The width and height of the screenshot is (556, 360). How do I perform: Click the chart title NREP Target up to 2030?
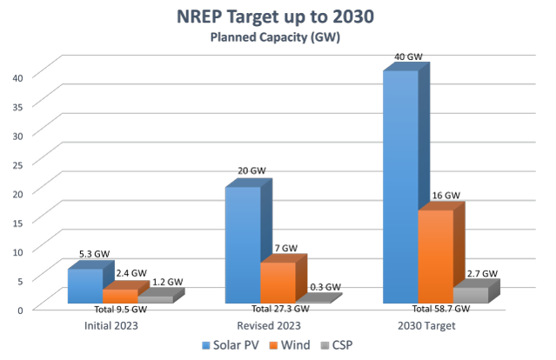278,17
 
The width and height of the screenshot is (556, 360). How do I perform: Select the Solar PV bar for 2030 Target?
400,187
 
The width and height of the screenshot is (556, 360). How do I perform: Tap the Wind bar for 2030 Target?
435,257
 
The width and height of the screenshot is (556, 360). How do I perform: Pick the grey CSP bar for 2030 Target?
471,295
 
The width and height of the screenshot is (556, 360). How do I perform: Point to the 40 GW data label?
408,57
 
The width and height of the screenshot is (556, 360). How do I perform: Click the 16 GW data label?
445,197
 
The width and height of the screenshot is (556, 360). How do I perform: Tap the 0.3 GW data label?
325,287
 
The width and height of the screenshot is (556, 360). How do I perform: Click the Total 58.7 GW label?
440,310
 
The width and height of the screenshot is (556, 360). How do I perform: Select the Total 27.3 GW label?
280,310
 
